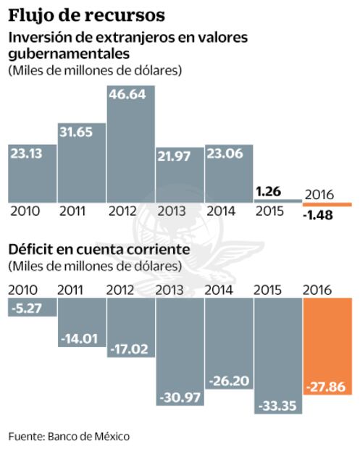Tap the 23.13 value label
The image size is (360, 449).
click(x=30, y=154)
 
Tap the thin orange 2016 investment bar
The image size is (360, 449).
click(x=327, y=204)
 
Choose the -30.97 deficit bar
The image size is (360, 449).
click(x=179, y=348)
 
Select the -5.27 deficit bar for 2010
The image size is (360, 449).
click(x=31, y=309)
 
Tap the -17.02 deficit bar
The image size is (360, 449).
click(x=130, y=326)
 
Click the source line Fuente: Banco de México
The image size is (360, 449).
click(x=70, y=436)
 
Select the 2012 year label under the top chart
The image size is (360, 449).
click(x=125, y=212)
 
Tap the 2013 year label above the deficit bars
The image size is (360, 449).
click(x=174, y=290)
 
